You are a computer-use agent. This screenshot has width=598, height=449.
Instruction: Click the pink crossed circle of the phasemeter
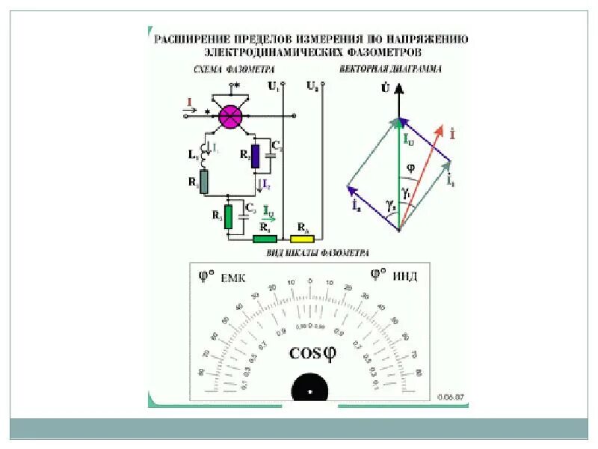click(229, 116)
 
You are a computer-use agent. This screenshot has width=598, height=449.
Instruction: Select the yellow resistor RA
click(303, 239)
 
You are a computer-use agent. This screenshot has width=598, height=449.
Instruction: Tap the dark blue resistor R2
click(254, 156)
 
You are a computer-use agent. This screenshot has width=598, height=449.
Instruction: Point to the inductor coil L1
click(201, 150)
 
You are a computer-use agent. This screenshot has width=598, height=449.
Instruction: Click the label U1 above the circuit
click(273, 86)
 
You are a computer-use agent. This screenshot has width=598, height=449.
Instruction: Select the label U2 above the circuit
click(312, 86)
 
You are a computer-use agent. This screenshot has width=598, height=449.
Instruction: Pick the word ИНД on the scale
click(404, 276)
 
